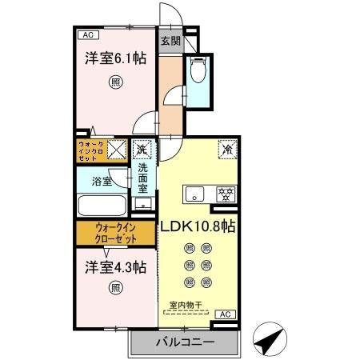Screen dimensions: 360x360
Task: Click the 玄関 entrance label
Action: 170,41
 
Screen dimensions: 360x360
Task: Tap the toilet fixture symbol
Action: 198,74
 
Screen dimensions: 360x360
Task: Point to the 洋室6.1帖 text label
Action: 116,58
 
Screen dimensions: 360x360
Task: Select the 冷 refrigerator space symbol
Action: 227,149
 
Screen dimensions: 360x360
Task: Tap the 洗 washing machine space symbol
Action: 142,150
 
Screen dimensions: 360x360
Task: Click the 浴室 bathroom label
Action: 100,182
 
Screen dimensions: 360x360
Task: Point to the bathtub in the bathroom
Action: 102,206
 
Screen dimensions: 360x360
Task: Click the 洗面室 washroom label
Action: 142,180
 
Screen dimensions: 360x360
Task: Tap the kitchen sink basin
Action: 196,194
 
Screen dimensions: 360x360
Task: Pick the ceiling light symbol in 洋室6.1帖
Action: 117,81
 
